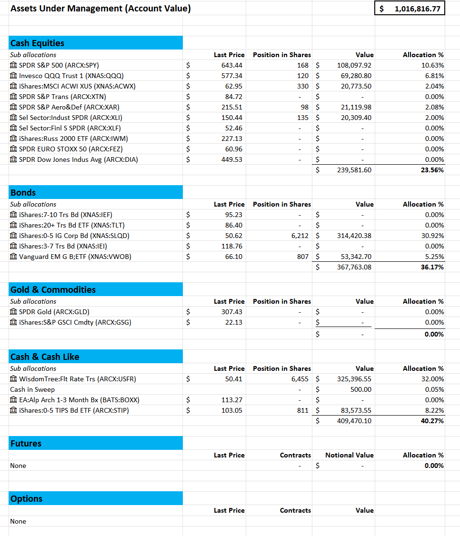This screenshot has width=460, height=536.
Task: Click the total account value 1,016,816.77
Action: click(x=417, y=9)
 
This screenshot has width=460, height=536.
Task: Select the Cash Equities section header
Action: click(x=38, y=43)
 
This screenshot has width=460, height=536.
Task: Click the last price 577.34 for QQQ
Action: click(x=232, y=76)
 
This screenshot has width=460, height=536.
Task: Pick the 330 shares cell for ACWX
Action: click(x=302, y=86)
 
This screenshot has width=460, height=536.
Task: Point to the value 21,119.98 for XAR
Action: click(x=356, y=107)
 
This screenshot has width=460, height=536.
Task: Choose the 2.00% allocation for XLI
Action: click(x=434, y=118)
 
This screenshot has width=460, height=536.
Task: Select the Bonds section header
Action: click(x=23, y=192)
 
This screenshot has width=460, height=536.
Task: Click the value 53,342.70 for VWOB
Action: click(x=356, y=257)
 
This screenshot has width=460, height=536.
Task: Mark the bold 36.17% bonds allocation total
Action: click(x=432, y=267)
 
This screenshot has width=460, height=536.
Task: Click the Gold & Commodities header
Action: click(x=53, y=289)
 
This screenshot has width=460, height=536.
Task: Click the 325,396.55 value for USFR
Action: click(x=354, y=379)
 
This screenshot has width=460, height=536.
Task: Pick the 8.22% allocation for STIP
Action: click(x=434, y=410)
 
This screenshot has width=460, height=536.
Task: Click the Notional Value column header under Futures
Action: click(x=349, y=455)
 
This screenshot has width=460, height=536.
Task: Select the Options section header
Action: click(x=27, y=498)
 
